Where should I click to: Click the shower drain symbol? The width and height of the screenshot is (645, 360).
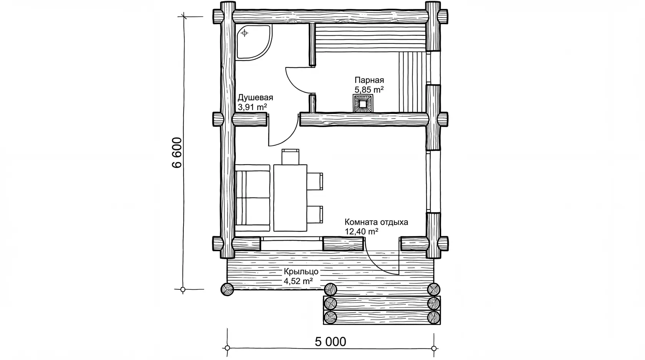[245, 33]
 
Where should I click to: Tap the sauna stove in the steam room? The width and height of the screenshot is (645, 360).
[363, 104]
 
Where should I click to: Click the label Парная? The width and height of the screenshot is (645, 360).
[369, 80]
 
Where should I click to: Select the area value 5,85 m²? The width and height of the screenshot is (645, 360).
[369, 90]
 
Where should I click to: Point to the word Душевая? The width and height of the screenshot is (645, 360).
[255, 98]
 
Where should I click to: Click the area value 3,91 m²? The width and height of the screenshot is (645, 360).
[252, 107]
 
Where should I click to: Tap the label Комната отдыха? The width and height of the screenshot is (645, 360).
[376, 222]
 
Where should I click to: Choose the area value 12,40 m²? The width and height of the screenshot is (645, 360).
[361, 231]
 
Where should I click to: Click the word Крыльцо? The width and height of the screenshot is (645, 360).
[301, 272]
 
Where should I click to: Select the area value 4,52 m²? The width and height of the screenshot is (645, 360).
[298, 281]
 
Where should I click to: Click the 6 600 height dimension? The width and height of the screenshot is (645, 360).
[177, 152]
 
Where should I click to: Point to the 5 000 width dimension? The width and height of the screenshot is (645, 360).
[330, 342]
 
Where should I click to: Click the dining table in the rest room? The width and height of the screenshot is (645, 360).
[290, 198]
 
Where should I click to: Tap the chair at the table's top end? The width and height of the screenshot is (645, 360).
[290, 157]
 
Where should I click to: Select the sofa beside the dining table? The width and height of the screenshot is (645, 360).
[253, 198]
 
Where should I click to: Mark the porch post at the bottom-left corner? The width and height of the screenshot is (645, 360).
[227, 289]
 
